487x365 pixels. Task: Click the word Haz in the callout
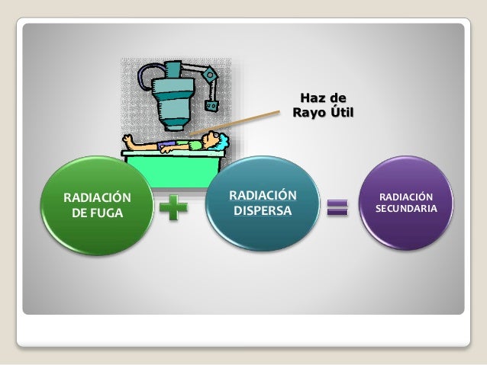[x=310, y=98]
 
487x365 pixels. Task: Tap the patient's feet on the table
[x=131, y=139]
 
